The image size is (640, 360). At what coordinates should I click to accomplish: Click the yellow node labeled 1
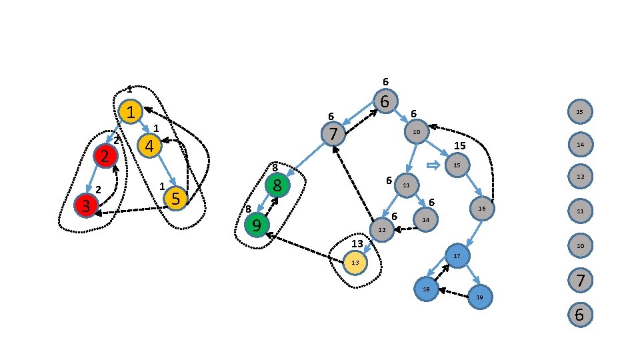(131, 112)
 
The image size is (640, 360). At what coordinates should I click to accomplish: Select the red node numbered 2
(105, 156)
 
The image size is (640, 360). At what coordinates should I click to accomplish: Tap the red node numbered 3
(86, 205)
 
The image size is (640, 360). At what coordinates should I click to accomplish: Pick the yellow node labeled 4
(149, 145)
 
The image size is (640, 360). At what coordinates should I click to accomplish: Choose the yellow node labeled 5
(175, 198)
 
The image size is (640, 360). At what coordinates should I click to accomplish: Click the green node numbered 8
(277, 185)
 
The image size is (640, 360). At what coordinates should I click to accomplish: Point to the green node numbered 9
(256, 225)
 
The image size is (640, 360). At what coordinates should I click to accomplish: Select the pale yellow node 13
(355, 263)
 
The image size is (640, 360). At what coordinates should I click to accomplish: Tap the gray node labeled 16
(482, 209)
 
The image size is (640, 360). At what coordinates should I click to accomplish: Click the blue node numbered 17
(457, 256)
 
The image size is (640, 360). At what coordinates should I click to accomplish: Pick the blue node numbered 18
(426, 289)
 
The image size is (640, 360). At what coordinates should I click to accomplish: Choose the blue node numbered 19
(479, 297)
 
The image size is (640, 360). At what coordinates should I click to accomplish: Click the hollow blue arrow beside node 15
(433, 166)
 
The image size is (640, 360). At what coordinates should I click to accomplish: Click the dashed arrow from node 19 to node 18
(453, 293)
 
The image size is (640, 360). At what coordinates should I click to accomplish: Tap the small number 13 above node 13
(357, 243)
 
